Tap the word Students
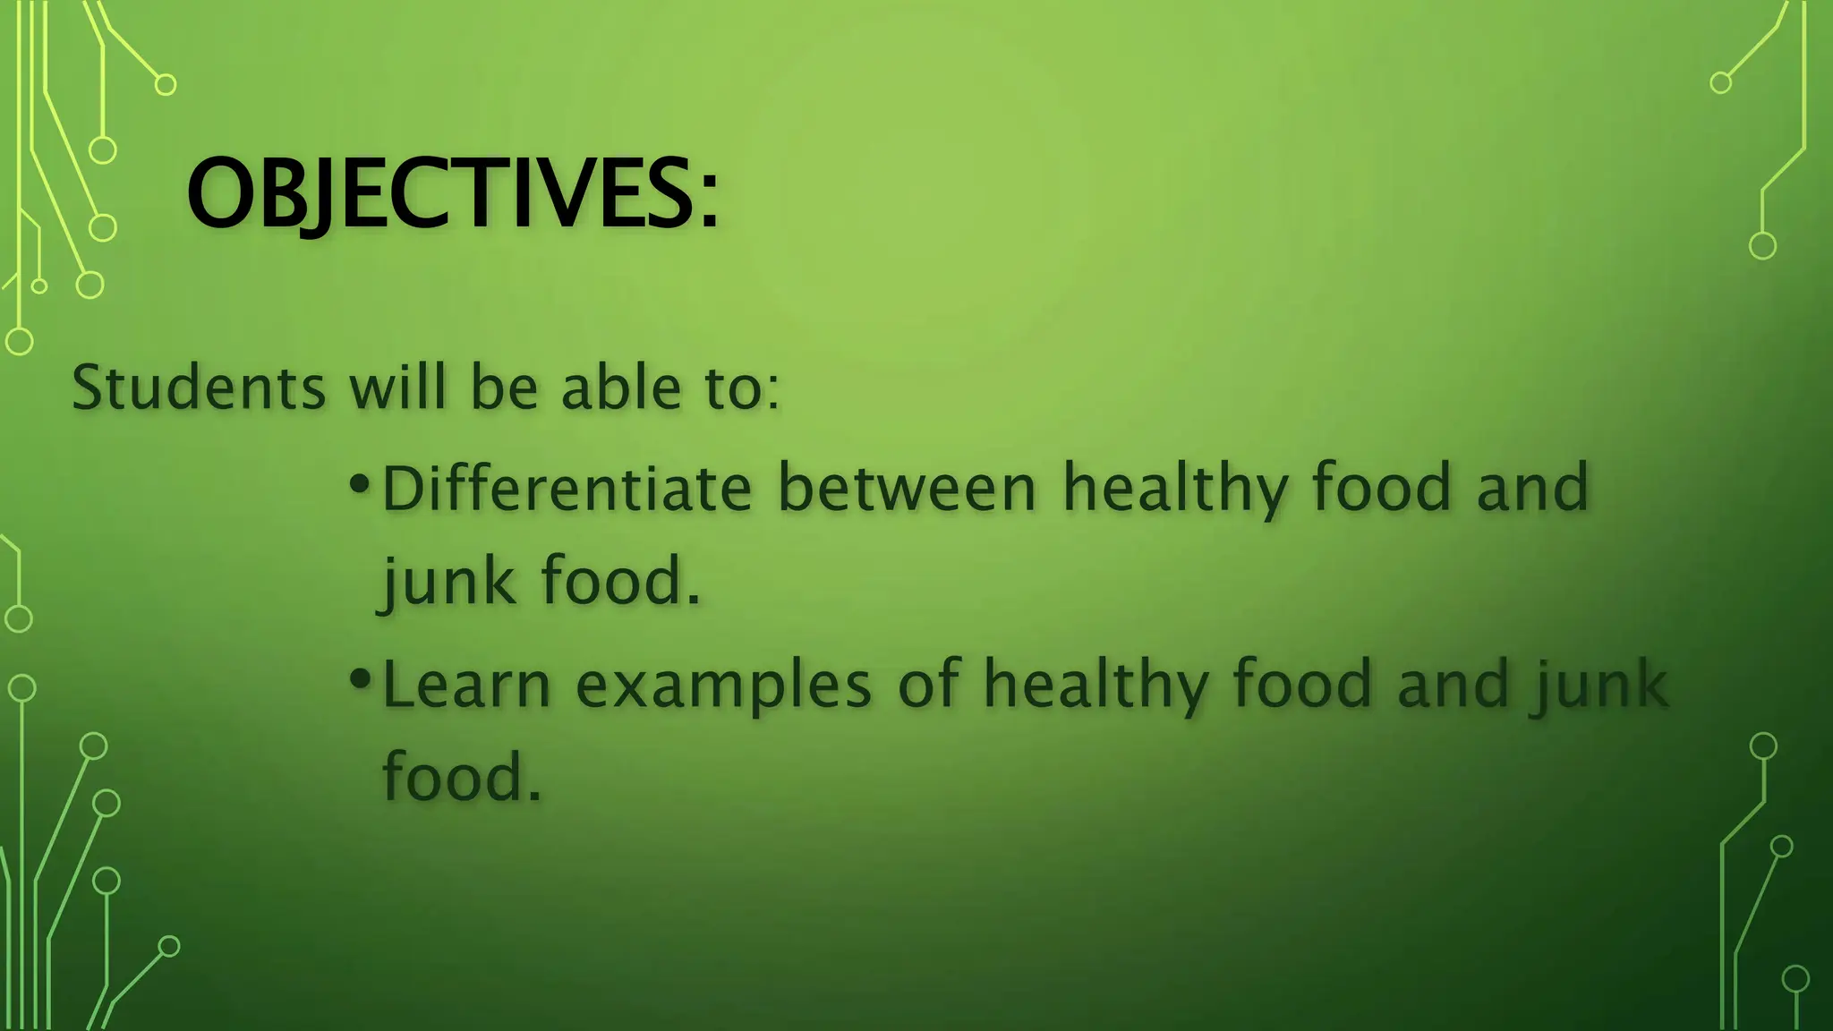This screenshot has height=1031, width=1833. coord(199,388)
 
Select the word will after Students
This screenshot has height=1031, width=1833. coord(396,388)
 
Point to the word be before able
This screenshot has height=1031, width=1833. coord(504,388)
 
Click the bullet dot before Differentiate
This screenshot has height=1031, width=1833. coord(359,484)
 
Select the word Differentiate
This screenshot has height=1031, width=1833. coord(567,489)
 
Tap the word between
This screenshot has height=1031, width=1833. coord(906,489)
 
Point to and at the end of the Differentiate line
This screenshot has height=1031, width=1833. coord(1532,489)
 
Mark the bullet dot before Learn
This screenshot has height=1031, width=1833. coord(359,677)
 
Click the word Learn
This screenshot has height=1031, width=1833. coord(466,686)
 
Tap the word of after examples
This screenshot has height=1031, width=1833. coord(928,684)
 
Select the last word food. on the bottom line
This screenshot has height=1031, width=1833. coord(462,777)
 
